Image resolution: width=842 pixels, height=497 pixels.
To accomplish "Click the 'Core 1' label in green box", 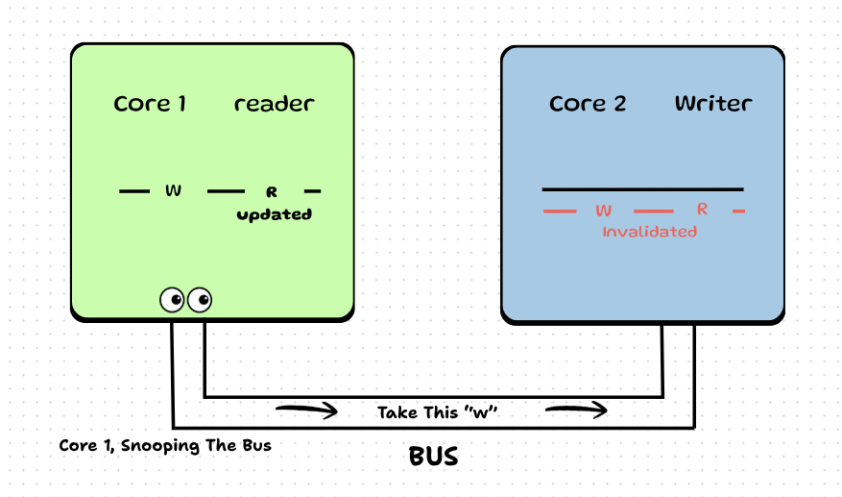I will pyautogui.click(x=150, y=104).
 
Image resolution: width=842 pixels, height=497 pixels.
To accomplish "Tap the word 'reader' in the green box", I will pyautogui.click(x=275, y=104).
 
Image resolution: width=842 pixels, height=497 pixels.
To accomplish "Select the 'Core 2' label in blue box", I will pyautogui.click(x=588, y=104).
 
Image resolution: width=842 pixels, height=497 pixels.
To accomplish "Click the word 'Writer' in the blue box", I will pyautogui.click(x=713, y=104).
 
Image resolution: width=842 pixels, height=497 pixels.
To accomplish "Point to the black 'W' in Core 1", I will pyautogui.click(x=174, y=191).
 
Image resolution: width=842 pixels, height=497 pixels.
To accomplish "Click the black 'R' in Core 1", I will pyautogui.click(x=272, y=192).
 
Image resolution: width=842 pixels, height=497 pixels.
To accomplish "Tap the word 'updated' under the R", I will pyautogui.click(x=275, y=214).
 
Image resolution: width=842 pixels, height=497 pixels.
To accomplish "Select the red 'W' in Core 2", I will pyautogui.click(x=604, y=210).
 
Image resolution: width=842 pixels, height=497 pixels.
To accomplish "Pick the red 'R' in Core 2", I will pyautogui.click(x=702, y=209).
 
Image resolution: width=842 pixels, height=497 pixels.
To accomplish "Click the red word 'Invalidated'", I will pyautogui.click(x=649, y=232).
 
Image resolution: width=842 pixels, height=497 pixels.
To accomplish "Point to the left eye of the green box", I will pyautogui.click(x=173, y=300).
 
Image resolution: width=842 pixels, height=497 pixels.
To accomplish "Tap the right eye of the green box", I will pyautogui.click(x=200, y=300).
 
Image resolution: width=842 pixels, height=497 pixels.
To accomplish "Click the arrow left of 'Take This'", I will pyautogui.click(x=306, y=411).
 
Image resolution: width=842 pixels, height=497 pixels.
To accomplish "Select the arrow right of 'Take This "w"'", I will pyautogui.click(x=576, y=411).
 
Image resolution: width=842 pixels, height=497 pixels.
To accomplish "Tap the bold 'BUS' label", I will pyautogui.click(x=434, y=457).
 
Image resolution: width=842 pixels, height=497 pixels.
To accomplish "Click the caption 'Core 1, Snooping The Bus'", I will pyautogui.click(x=165, y=445).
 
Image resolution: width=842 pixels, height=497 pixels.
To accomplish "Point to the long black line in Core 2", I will pyautogui.click(x=642, y=188).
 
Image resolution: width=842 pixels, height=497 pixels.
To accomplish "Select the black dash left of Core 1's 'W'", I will pyautogui.click(x=134, y=191).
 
